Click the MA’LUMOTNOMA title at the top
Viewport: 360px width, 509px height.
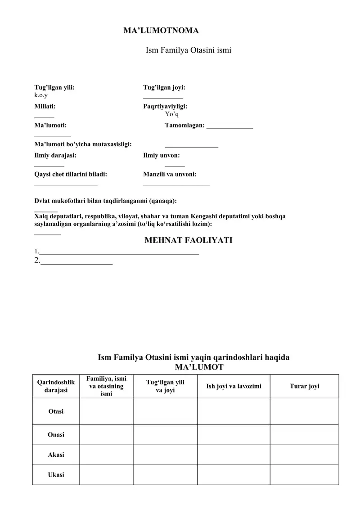pos(161,31)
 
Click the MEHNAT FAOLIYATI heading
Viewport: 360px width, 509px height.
pos(188,240)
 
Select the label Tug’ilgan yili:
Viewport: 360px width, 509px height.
pos(54,88)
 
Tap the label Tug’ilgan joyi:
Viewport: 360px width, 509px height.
pos(164,88)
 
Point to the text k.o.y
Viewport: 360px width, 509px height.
pos(41,95)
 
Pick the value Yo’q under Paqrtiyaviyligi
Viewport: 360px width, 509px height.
pos(172,114)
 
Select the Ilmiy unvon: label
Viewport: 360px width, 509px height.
pos(162,155)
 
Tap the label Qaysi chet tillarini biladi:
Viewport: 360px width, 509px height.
pos(71,174)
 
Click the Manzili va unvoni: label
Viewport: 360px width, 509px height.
pos(170,174)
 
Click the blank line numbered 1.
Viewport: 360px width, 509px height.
pos(119,253)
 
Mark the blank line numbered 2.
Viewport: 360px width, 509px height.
pos(76,262)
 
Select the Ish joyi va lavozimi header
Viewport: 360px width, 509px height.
pos(234,386)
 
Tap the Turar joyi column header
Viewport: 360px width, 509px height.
pos(304,386)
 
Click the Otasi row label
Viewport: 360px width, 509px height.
pos(56,411)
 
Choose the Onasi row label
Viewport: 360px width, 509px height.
pos(56,434)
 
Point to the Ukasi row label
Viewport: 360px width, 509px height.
pos(56,475)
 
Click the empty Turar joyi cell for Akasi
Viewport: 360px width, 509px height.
pos(304,455)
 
